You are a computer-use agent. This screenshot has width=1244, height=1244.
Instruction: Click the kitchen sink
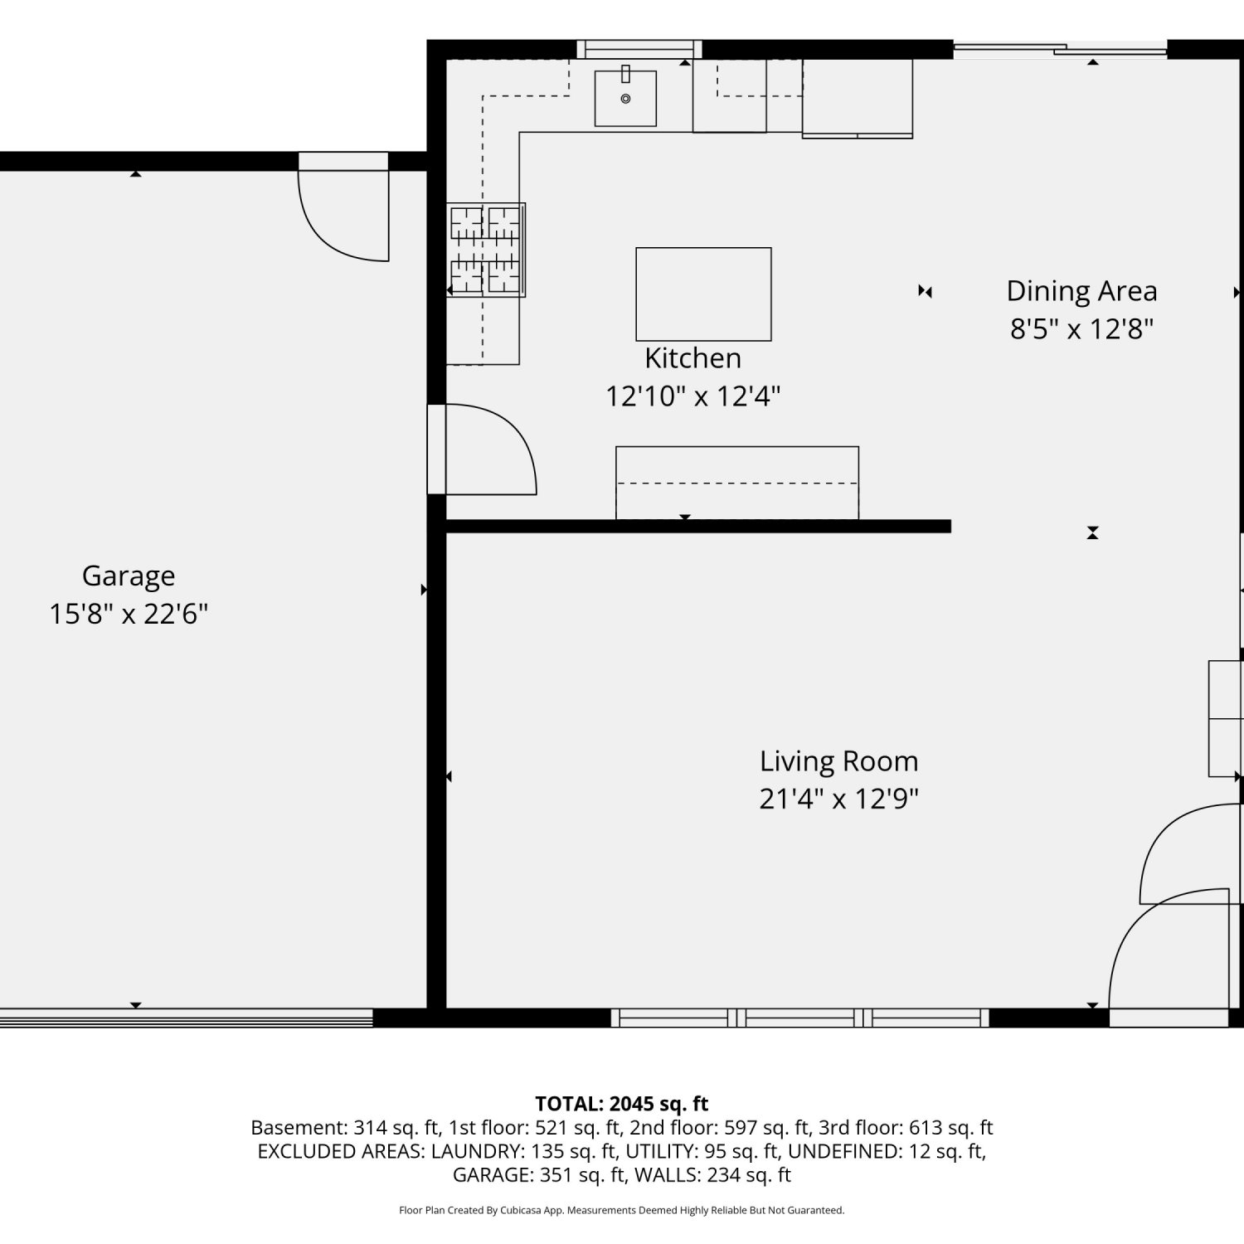tap(625, 98)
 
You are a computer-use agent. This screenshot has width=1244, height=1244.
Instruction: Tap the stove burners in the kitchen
tap(485, 250)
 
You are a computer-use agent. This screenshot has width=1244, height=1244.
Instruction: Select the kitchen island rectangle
tap(703, 294)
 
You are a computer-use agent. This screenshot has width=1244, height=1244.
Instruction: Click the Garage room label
tap(129, 576)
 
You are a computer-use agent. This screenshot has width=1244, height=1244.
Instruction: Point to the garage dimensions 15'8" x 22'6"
tap(129, 614)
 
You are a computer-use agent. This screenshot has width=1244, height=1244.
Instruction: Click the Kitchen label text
tap(693, 358)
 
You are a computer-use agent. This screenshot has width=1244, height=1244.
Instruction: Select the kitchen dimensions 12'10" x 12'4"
tap(693, 396)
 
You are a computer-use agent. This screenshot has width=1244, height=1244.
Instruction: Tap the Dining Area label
tap(1081, 291)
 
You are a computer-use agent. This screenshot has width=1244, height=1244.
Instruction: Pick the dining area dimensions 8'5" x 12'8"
tap(1081, 329)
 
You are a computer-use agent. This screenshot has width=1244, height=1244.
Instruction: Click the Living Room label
tap(839, 761)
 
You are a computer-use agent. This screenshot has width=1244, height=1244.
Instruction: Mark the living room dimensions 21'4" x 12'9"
tap(839, 799)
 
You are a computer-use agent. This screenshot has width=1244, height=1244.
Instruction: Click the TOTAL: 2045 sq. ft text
tap(622, 1104)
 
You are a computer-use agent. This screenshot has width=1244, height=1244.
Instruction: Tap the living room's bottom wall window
tap(800, 1018)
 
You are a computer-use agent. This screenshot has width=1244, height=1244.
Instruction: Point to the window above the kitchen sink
tap(639, 49)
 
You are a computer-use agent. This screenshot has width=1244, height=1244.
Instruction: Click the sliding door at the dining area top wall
tap(1060, 49)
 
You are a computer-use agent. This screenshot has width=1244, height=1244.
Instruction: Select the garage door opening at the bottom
tap(187, 1018)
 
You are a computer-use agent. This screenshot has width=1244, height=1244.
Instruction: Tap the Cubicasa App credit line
tap(622, 1211)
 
